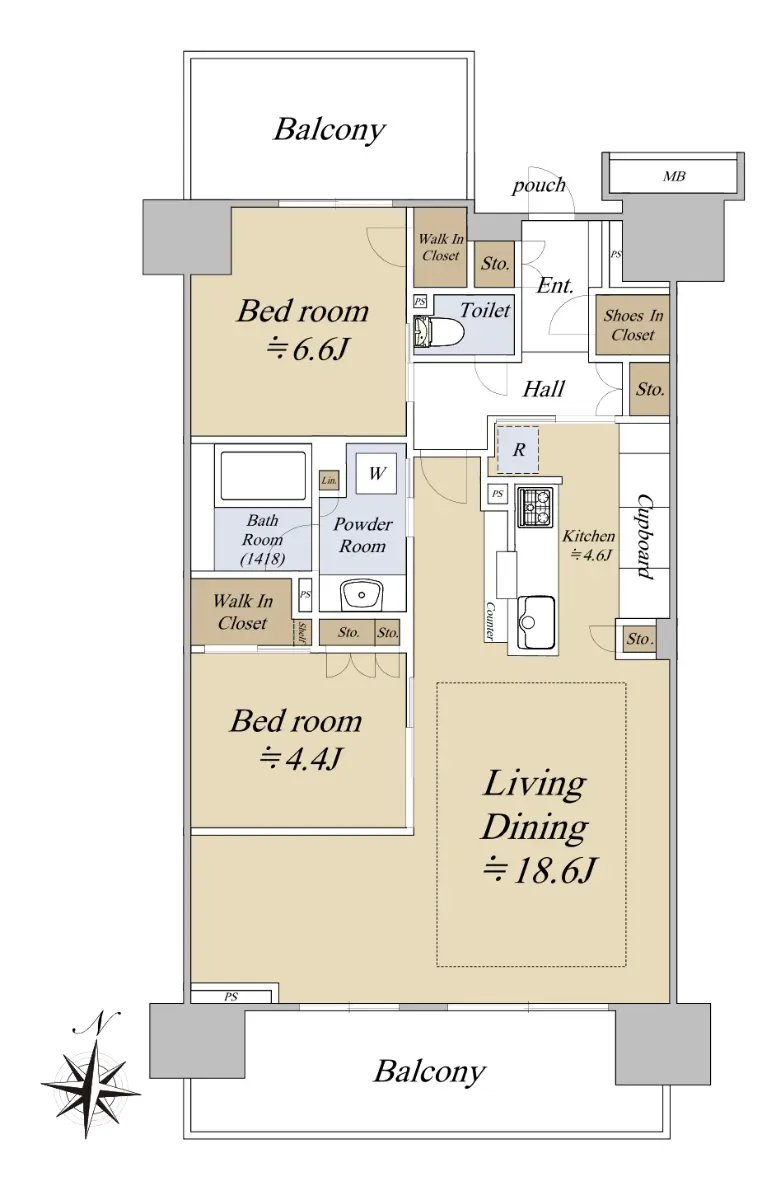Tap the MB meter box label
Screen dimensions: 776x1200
(x=673, y=176)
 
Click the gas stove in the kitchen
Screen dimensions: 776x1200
(x=534, y=506)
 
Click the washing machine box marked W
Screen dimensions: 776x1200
(x=376, y=473)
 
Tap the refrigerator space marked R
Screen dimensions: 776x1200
(x=518, y=449)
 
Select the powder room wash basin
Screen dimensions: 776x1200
(x=362, y=594)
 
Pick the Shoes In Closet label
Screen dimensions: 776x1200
(x=632, y=325)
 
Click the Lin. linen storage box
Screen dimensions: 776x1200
(x=329, y=481)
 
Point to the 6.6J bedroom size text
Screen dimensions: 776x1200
(x=309, y=350)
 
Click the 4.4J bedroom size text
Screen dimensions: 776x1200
(x=300, y=759)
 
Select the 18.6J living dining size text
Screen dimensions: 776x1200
(x=538, y=871)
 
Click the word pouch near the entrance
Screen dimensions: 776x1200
(x=538, y=185)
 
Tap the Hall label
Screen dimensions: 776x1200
(x=543, y=389)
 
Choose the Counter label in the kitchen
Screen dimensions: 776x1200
(x=489, y=621)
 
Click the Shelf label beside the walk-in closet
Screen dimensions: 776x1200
(x=303, y=633)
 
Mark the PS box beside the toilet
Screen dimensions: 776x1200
(x=420, y=302)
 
